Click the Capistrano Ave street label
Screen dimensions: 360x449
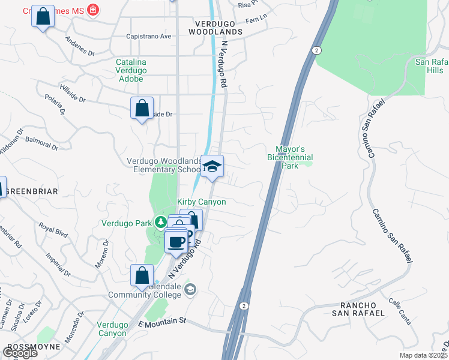pos(148,36)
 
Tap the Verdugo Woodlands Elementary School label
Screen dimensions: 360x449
pos(164,165)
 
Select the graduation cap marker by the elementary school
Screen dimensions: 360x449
pos(212,167)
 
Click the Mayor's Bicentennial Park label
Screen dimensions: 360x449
pos(291,153)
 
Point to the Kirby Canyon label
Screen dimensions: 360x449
pos(201,202)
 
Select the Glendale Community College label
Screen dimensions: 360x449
pos(144,290)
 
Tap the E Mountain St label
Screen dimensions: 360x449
pos(161,322)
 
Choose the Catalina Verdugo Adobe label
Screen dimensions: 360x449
pos(139,70)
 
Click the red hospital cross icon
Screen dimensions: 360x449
pos(92,10)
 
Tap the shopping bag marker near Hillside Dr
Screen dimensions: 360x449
pos(142,109)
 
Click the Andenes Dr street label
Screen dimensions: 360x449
pos(80,48)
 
